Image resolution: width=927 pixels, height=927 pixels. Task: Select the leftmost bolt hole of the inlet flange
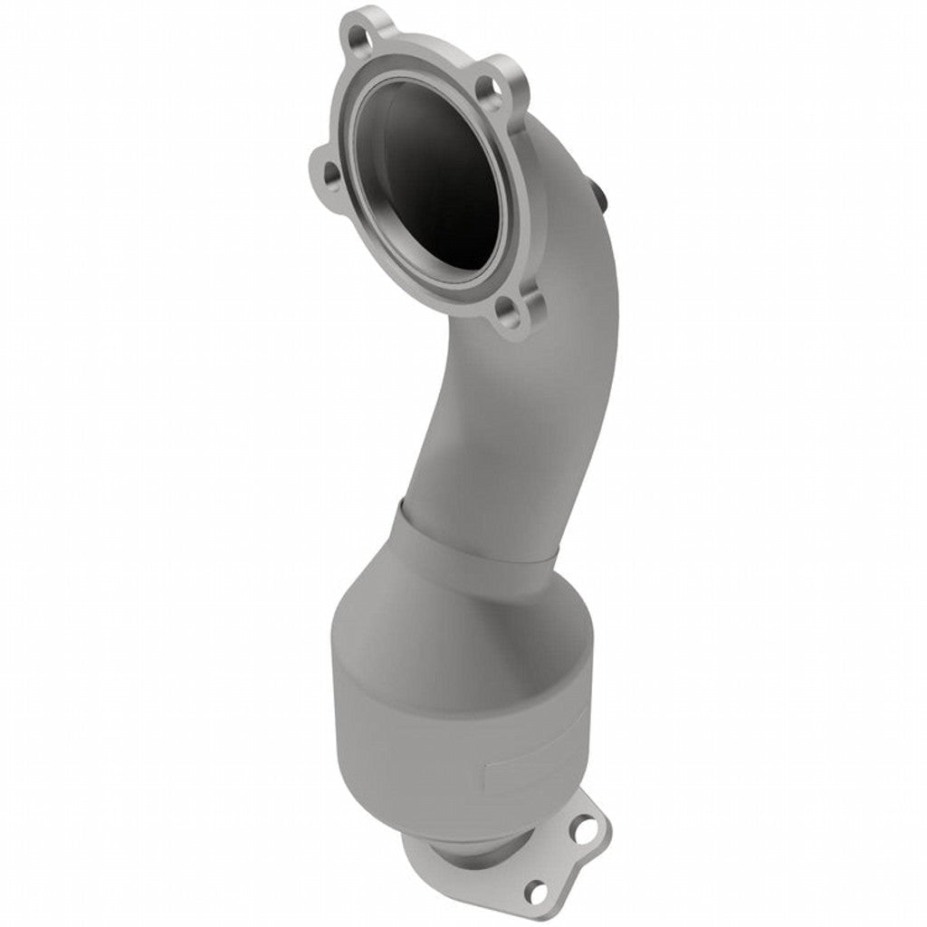(x=330, y=171)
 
